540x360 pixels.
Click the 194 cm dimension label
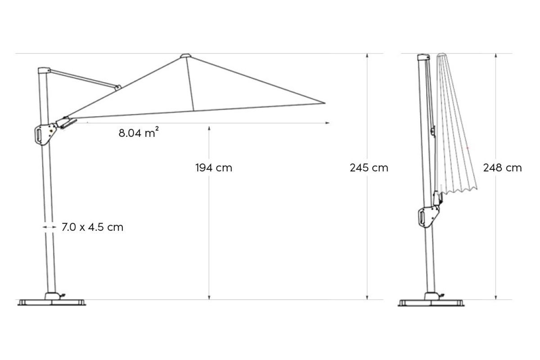point(214,168)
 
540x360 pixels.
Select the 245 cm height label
point(369,168)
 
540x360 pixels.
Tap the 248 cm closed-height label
point(502,168)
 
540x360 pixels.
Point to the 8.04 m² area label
point(139,132)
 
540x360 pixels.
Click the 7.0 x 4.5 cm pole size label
point(93,227)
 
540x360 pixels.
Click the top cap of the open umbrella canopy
point(186,56)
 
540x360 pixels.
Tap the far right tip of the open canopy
point(325,103)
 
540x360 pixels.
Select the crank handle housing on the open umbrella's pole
point(45,134)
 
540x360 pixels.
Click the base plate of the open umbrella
point(52,302)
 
